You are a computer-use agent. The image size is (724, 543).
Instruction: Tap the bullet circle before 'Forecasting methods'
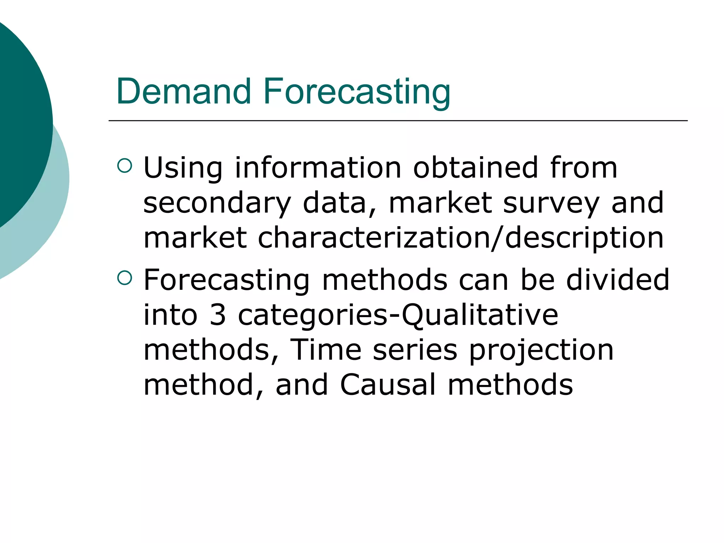point(124,278)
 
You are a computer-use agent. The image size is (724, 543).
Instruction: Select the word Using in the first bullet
point(183,168)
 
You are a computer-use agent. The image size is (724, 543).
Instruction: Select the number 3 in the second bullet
point(217,315)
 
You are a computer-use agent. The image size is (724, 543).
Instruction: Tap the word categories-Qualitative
point(398,315)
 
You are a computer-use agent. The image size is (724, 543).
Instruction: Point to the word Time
point(325,350)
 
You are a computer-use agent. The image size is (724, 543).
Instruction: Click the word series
point(415,350)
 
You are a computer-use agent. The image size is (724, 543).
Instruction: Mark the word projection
point(541,350)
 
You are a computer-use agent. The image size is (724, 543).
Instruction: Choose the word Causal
point(387,385)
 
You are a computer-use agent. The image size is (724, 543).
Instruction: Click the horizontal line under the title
point(398,121)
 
